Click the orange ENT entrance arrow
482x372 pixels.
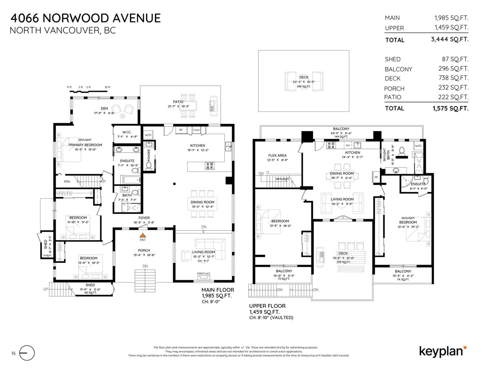pos(142,235)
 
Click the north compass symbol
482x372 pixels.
pos(27,353)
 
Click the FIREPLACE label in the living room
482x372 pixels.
pos(204,274)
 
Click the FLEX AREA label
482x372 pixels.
pos(277,155)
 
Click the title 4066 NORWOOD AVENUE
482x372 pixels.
pos(86,18)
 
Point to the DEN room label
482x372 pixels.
pos(104,108)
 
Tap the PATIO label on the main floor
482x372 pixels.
pos(178,102)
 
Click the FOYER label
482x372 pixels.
pos(144,218)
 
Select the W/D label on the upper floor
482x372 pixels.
pos(418,146)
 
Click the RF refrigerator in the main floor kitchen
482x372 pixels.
pos(181,130)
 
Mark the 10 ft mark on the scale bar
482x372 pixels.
pos(107,87)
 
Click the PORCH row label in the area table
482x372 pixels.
pos(394,88)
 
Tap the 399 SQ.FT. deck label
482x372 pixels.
pos(303,86)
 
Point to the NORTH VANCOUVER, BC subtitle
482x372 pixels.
pos(62,30)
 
